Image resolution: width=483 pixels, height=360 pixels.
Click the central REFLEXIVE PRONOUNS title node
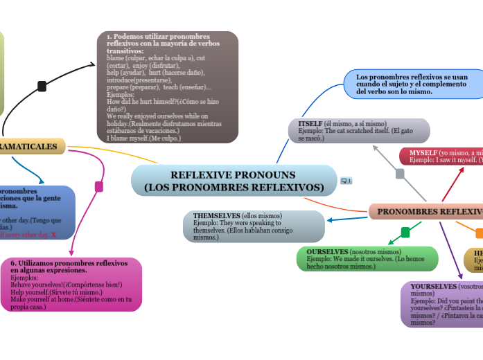tap(234, 181)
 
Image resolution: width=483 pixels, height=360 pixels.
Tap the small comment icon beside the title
tap(346, 181)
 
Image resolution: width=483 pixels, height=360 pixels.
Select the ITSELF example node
tap(358, 131)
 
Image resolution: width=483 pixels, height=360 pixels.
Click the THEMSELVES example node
tap(254, 226)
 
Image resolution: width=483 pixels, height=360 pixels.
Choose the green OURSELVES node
tap(367, 258)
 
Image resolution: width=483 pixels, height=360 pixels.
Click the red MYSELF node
tap(441, 156)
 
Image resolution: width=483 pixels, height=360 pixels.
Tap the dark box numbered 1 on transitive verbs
tap(167, 87)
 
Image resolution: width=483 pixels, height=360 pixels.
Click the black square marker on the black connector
tap(42, 87)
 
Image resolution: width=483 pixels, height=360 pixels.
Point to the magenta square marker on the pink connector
tap(99, 186)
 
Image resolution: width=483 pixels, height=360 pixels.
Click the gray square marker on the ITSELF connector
tap(400, 174)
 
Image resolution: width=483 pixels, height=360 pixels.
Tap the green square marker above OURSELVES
tap(405, 233)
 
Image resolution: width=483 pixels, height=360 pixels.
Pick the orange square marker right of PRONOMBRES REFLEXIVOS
tap(480, 232)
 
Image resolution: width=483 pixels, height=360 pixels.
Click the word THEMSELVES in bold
tap(211, 216)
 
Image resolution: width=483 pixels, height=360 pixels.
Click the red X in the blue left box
tap(53, 235)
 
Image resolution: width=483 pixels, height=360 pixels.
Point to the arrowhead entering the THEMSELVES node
tap(330, 221)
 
